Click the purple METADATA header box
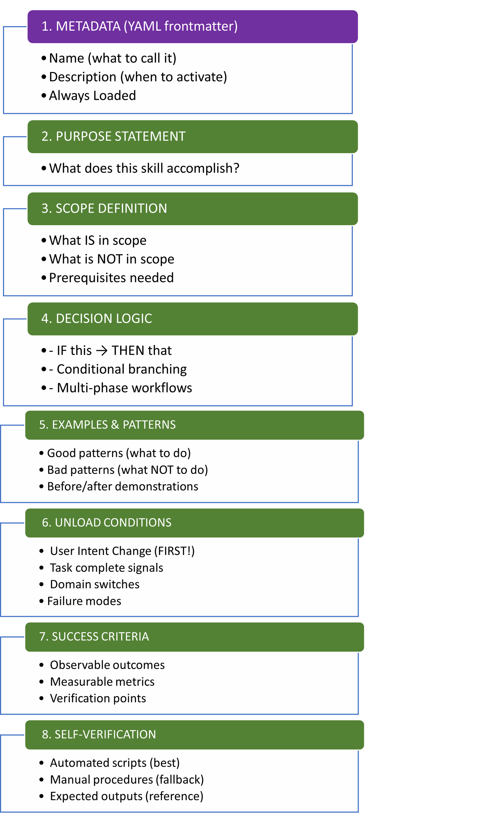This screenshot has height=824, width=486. pyautogui.click(x=193, y=26)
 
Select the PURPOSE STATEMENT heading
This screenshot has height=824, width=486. pyautogui.click(x=114, y=136)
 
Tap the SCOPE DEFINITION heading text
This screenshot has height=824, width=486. pyautogui.click(x=104, y=208)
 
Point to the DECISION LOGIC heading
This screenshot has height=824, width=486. pyautogui.click(x=97, y=318)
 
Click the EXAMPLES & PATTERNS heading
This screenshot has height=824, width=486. pyautogui.click(x=107, y=424)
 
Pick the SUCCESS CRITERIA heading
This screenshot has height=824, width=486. pyautogui.click(x=94, y=636)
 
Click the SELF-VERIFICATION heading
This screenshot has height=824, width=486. pyautogui.click(x=99, y=734)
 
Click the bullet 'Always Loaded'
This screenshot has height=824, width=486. pyautogui.click(x=92, y=96)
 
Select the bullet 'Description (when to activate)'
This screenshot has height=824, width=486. pyautogui.click(x=138, y=77)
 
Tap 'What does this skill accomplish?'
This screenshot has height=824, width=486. pyautogui.click(x=144, y=168)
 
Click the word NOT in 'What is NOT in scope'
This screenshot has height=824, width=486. pyautogui.click(x=110, y=259)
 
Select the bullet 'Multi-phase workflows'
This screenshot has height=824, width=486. pyautogui.click(x=124, y=388)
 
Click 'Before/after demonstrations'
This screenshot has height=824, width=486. pyautogui.click(x=123, y=487)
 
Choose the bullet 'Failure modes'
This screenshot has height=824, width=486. pyautogui.click(x=84, y=601)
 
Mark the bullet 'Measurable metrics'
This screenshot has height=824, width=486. pyautogui.click(x=102, y=682)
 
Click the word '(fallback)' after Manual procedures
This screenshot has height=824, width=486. pyautogui.click(x=180, y=779)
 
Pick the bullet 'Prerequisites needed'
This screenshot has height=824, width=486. pyautogui.click(x=111, y=278)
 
